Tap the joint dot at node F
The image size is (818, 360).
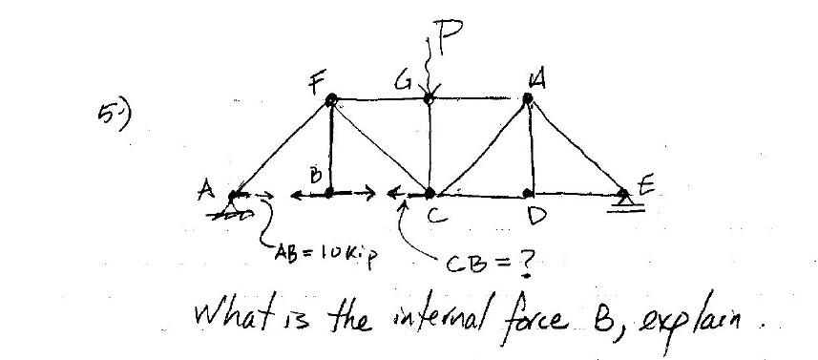click(331, 99)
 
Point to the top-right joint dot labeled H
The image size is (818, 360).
click(528, 97)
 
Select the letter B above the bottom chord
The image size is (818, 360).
click(314, 174)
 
